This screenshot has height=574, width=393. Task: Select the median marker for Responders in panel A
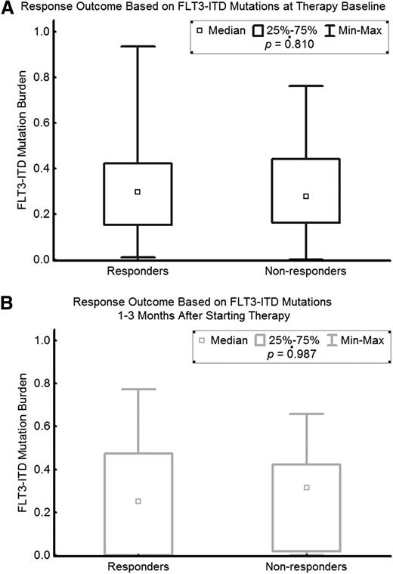point(137,192)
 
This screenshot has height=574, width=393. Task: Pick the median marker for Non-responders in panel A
point(305,196)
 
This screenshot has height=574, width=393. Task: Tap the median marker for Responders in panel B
point(138,501)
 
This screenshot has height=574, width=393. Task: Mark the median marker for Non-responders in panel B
point(305,487)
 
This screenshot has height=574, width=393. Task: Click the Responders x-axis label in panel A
point(137,270)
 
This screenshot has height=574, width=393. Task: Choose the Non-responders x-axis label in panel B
point(305,566)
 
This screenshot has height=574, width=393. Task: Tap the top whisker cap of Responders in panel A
point(137,46)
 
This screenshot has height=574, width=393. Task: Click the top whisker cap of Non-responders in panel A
point(305,85)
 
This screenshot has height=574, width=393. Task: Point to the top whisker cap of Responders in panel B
point(137,389)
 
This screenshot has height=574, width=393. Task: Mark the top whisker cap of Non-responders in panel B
point(305,414)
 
